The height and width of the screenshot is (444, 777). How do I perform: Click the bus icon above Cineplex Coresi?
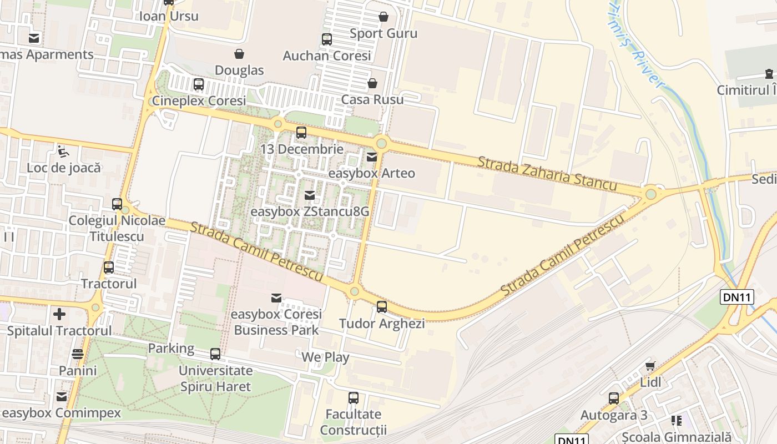point(199,84)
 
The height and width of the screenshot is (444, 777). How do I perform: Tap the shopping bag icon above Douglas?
point(239,54)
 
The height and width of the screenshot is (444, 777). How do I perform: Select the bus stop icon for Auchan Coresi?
point(327,39)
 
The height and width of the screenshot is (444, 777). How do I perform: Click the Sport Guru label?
point(383,33)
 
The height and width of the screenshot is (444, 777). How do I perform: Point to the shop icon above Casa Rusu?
point(372,83)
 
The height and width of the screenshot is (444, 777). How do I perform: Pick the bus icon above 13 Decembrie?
point(301,133)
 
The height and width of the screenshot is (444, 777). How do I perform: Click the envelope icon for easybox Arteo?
point(372,157)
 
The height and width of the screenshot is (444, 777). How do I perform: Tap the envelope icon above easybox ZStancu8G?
point(310,195)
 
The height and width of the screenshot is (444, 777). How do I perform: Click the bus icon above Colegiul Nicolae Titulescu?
point(117,204)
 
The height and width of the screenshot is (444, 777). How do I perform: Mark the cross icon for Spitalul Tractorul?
point(59,314)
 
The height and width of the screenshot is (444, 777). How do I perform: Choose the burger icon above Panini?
point(78,354)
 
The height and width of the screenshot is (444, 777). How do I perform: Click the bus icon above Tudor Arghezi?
point(382,306)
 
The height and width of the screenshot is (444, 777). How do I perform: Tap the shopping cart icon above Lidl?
point(650,366)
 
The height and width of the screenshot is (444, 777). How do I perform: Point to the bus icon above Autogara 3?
point(614,398)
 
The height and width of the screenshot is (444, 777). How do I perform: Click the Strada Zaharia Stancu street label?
point(547,173)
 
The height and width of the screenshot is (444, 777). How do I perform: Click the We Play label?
point(325,357)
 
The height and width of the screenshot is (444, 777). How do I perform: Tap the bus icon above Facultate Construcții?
point(354,397)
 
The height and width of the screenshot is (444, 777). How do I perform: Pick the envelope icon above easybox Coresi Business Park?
point(276,298)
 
